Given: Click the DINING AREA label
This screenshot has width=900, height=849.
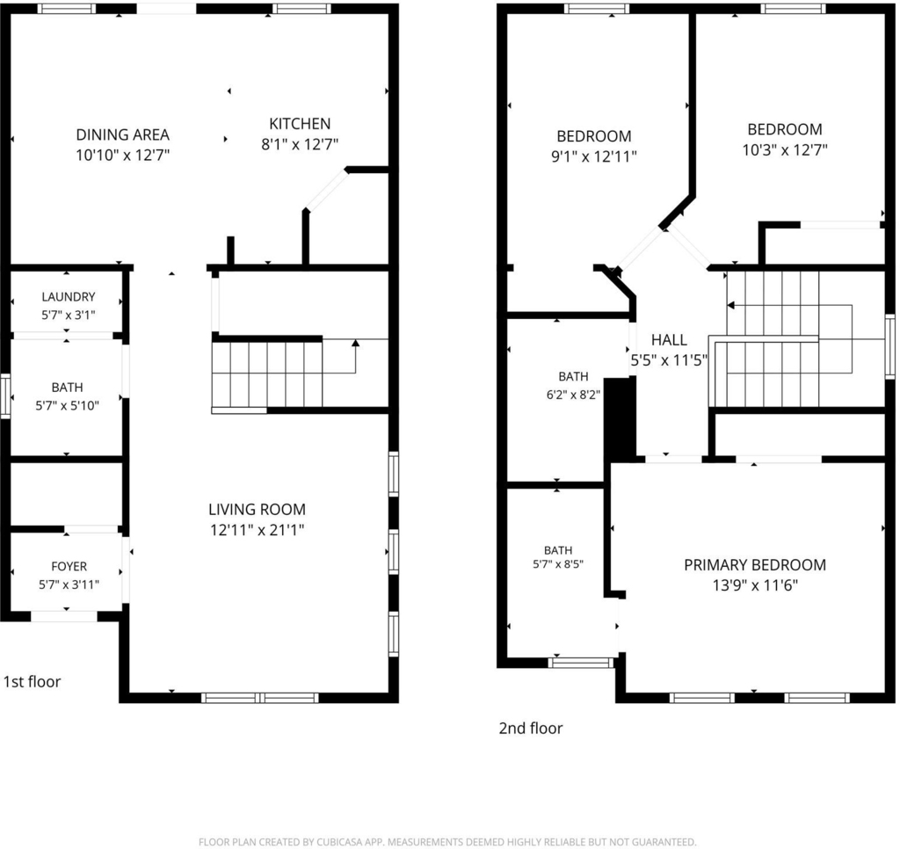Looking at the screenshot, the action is [123, 134].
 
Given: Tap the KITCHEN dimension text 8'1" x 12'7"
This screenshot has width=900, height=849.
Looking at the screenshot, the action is [300, 144].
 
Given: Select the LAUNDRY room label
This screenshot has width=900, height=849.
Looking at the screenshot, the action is [69, 297].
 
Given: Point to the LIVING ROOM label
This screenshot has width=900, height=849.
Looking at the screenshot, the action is [257, 509].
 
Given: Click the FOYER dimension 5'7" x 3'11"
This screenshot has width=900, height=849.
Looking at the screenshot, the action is [69, 585].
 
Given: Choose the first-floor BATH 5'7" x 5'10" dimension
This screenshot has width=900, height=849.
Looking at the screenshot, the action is [67, 406].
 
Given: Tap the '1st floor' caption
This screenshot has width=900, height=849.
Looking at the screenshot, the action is [33, 681].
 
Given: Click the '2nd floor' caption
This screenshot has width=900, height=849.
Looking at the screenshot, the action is [530, 728].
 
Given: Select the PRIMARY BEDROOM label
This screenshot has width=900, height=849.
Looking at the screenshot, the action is [755, 565].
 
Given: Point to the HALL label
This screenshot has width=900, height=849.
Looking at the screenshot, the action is [669, 340].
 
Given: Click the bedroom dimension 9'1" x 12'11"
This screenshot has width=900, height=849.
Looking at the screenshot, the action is [594, 156].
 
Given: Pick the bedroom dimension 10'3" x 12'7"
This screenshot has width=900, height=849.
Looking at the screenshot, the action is [785, 149].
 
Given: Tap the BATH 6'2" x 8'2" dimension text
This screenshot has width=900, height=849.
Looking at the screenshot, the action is [573, 395].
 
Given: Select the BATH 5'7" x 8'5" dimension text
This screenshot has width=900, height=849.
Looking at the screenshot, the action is [558, 564].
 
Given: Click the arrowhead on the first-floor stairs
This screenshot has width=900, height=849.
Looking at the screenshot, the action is [355, 343].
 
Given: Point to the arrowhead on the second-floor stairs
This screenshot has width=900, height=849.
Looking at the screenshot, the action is [731, 305].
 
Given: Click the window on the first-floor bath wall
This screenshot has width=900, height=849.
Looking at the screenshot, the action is [5, 395].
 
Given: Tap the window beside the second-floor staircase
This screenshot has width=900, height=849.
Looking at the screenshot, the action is [890, 346].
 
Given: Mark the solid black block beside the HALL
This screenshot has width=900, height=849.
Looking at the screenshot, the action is [621, 417].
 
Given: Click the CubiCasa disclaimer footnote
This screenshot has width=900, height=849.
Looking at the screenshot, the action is [447, 842].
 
